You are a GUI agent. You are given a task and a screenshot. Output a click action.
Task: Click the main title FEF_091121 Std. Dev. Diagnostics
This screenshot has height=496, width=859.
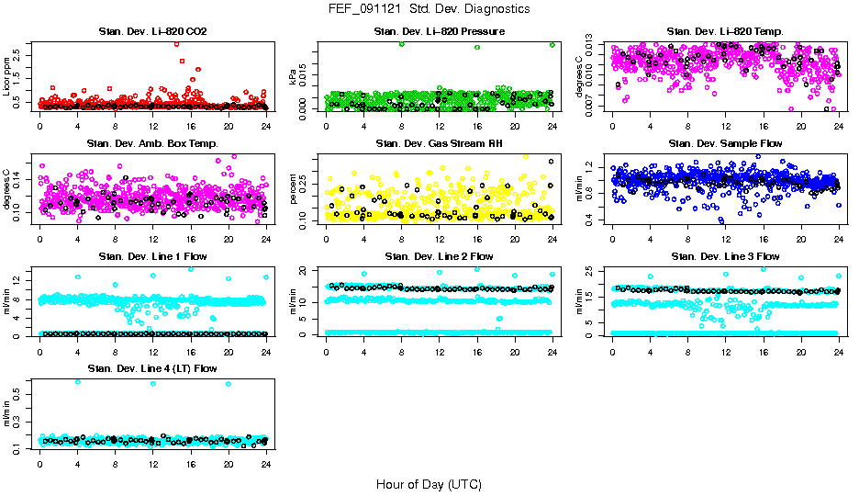click(429, 8)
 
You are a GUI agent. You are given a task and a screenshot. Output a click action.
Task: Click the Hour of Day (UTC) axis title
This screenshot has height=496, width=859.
click(429, 483)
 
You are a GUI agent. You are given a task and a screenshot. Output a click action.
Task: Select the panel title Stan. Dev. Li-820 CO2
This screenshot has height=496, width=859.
click(152, 31)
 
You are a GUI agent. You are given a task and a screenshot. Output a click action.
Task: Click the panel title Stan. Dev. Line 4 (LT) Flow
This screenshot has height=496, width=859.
click(152, 368)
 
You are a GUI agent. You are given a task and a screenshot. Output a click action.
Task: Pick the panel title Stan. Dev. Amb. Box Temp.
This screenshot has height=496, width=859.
click(152, 143)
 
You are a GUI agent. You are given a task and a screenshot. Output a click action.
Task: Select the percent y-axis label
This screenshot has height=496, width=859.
click(294, 189)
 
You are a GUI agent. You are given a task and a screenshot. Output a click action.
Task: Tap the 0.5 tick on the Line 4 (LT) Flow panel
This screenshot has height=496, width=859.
click(22, 391)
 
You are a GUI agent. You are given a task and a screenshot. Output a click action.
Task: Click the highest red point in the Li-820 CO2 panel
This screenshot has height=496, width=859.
click(176, 43)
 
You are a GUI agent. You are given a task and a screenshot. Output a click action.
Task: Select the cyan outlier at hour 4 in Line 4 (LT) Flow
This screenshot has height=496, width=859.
click(77, 381)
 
